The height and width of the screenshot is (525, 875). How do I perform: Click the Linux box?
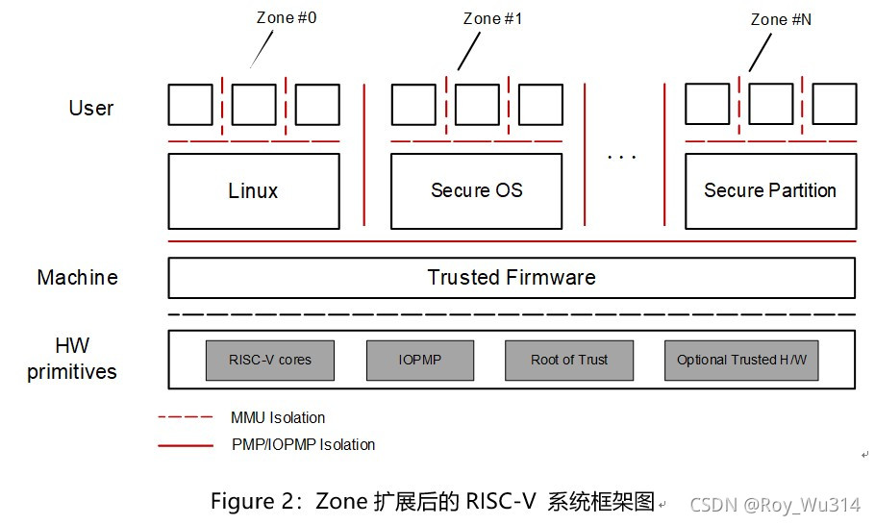[254, 191]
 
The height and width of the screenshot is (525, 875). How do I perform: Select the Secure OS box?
[476, 191]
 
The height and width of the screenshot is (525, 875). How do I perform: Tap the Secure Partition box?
[769, 191]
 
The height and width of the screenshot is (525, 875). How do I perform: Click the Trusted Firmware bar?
[512, 278]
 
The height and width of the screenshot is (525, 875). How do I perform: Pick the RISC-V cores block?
[269, 360]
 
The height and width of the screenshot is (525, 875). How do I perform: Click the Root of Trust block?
[569, 360]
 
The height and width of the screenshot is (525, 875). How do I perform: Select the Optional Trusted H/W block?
[741, 360]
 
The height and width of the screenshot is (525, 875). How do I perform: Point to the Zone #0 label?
[287, 18]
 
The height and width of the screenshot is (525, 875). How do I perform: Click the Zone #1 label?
[492, 18]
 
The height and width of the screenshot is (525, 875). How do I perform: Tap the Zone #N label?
[781, 18]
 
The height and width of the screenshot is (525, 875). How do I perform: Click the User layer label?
[91, 109]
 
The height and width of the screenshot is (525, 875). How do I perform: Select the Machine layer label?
[78, 278]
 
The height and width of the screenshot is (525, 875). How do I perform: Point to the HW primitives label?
[72, 359]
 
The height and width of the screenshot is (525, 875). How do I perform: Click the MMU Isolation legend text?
[278, 418]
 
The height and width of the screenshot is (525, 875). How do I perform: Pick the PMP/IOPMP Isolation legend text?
[303, 444]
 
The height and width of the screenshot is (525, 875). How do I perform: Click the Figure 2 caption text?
[433, 502]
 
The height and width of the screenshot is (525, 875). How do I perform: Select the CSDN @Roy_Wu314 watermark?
[775, 505]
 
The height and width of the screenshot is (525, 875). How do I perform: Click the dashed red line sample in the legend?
[185, 418]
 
